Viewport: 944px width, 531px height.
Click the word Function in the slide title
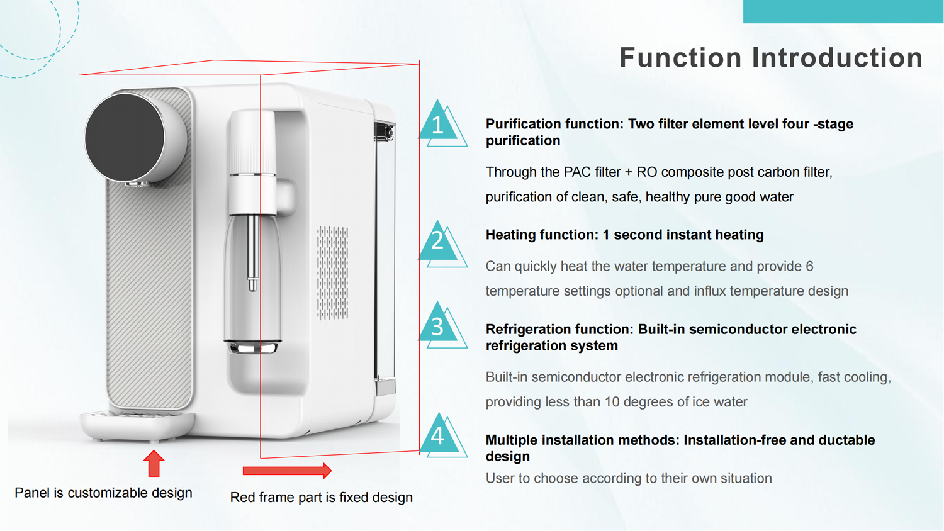(680, 58)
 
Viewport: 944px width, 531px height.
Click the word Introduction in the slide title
(837, 58)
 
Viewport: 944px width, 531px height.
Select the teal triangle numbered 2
(439, 243)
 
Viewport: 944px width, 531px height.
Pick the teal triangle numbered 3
(439, 325)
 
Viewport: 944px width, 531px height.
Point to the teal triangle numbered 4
(439, 436)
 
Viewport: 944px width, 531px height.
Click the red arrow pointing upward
(154, 464)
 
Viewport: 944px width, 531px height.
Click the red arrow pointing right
(287, 471)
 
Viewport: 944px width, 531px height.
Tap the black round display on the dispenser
(125, 137)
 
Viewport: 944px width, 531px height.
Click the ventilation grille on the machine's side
(332, 272)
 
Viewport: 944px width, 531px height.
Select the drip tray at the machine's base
(137, 424)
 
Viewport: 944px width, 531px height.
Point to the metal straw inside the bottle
(252, 252)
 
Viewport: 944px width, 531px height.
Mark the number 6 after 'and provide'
(809, 266)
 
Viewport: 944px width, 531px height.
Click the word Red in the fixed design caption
(242, 498)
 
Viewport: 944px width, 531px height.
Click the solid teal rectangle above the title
(843, 11)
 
